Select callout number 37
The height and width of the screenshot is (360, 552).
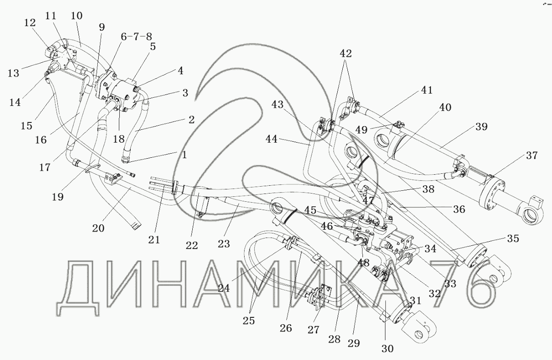point(531,156)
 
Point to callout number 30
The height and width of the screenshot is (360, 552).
point(388,349)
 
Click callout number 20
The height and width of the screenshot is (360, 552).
point(98,228)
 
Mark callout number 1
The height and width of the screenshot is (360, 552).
point(184,155)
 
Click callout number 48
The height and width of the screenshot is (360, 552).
point(364,263)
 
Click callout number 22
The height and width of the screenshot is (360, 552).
point(192,245)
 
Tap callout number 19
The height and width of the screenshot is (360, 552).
point(58,197)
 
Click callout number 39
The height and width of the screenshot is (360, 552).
point(481,126)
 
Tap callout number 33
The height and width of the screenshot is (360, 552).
point(450,284)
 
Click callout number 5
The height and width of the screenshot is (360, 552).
point(152,46)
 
